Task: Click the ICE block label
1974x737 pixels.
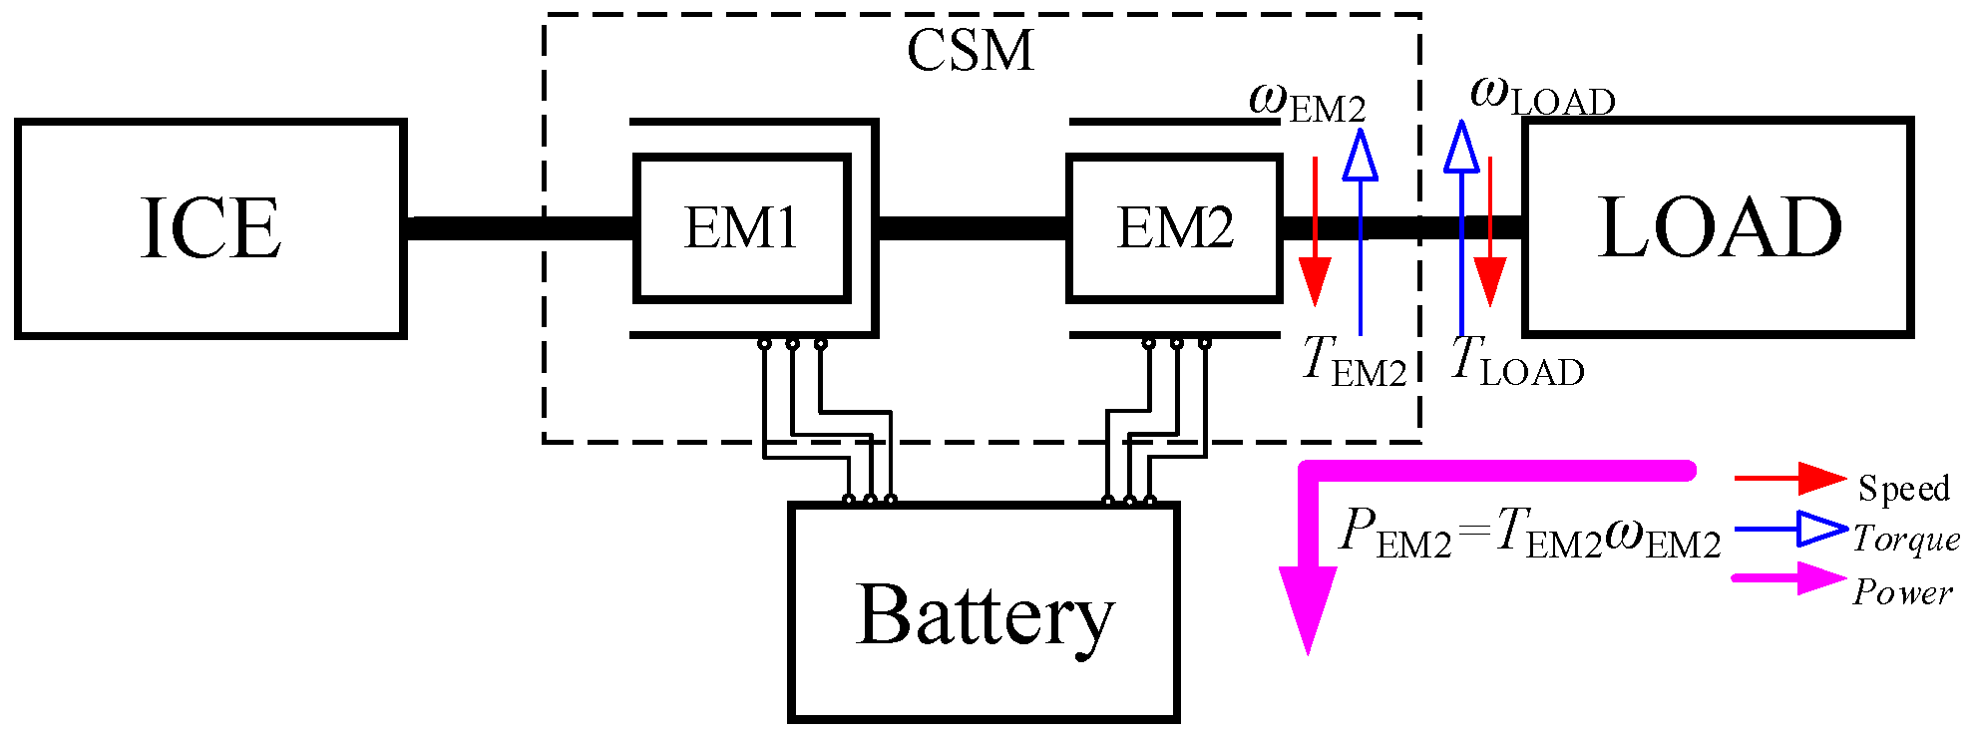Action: coord(210,228)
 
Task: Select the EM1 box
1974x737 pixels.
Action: coord(741,228)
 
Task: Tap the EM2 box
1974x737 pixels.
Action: coord(1174,228)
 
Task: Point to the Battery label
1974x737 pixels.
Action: coord(985,615)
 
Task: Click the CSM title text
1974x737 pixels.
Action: coord(970,50)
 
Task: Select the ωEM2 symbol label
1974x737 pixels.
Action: coord(1306,101)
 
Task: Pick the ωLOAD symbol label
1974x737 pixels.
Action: coord(1542,96)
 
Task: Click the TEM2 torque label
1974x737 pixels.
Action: coord(1354,361)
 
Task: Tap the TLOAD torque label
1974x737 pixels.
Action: coord(1516,361)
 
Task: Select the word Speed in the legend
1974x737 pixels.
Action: coord(1902,488)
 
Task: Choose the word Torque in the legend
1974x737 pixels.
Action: coord(1905,539)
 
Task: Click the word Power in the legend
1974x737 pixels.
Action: coord(1902,592)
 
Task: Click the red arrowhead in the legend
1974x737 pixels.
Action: coord(1821,479)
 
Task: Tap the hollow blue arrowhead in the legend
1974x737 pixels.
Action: coord(1821,529)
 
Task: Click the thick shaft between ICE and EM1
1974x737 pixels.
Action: coord(519,228)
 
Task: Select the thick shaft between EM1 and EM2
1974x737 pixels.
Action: coord(973,228)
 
